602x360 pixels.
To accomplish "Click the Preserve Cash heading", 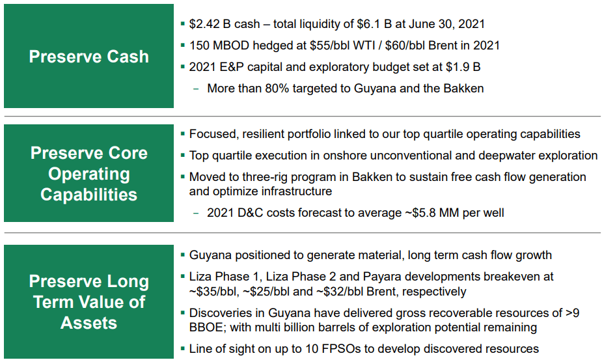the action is point(89,57).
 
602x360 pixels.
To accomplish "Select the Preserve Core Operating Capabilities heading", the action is point(89,174).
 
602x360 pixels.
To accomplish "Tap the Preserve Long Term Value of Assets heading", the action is point(89,302).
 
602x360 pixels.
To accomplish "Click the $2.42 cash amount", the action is point(206,24).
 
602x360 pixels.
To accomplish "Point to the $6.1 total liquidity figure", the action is point(370,24).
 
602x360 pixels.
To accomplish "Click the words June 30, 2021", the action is point(446,24).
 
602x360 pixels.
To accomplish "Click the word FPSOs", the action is point(341,349).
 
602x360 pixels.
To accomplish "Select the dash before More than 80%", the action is point(197,89).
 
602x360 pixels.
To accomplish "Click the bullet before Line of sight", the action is point(183,349).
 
